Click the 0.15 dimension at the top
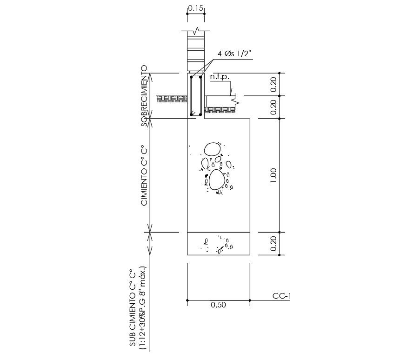click(x=196, y=8)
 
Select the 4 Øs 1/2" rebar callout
click(x=234, y=54)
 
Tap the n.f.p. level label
click(x=220, y=77)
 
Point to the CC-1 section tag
click(x=281, y=296)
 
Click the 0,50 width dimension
click(x=218, y=305)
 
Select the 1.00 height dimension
click(x=273, y=176)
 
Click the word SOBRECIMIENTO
click(x=144, y=96)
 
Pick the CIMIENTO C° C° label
click(x=144, y=175)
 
